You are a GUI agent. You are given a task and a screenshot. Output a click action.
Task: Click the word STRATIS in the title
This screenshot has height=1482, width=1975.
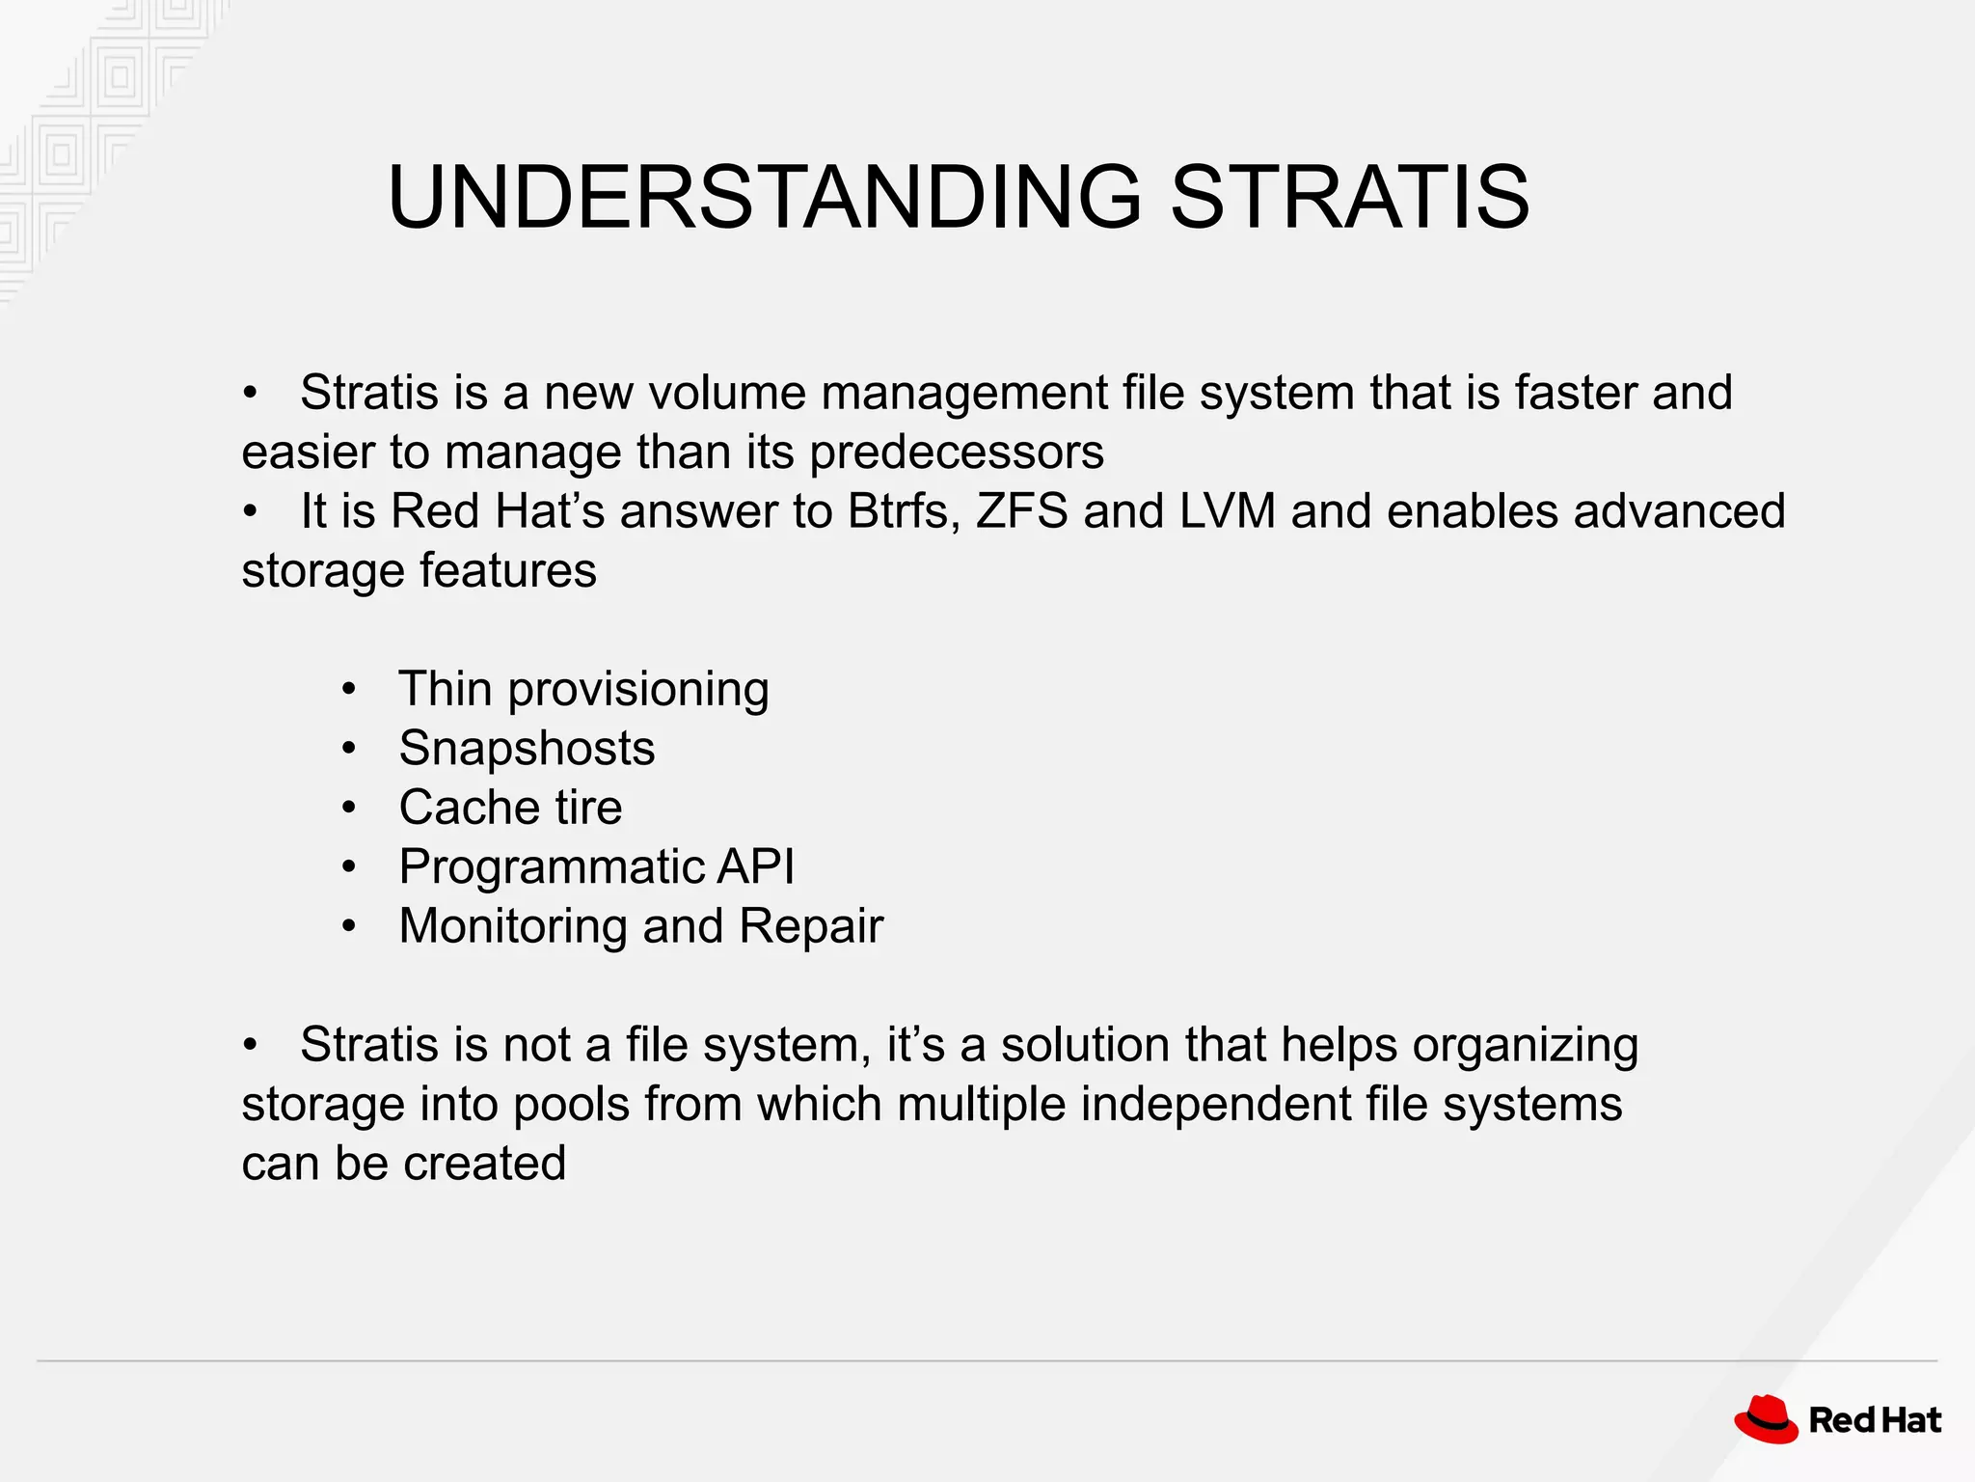pyautogui.click(x=1349, y=198)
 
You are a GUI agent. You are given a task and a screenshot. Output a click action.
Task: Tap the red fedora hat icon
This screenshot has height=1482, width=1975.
pyautogui.click(x=1766, y=1419)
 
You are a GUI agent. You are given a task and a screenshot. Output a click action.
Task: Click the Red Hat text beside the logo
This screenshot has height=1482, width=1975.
pyautogui.click(x=1875, y=1420)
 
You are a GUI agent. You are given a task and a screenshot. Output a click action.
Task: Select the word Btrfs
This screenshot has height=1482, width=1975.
pyautogui.click(x=904, y=511)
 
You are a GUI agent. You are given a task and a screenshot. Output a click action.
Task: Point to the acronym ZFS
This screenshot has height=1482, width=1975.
pyautogui.click(x=1021, y=511)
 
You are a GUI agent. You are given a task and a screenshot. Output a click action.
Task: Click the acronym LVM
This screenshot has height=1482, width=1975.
pyautogui.click(x=1227, y=511)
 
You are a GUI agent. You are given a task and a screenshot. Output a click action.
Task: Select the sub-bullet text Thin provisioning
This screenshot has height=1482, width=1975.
pyautogui.click(x=583, y=690)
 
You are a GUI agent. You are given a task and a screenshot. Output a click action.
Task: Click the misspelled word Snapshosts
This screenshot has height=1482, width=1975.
pyautogui.click(x=527, y=749)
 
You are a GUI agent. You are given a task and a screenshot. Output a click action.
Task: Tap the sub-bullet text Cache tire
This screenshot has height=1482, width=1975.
pyautogui.click(x=510, y=808)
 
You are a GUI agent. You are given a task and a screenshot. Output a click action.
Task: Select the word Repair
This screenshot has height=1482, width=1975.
pyautogui.click(x=810, y=926)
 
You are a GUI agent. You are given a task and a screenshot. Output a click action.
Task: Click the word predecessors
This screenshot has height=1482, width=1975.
pyautogui.click(x=956, y=453)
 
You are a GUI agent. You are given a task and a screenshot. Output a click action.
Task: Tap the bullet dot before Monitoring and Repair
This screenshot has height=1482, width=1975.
pyautogui.click(x=349, y=927)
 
